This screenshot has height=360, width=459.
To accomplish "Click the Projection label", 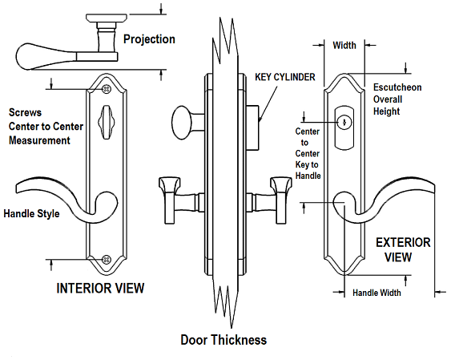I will (150, 39).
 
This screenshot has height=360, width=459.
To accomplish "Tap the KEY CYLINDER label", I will (284, 78).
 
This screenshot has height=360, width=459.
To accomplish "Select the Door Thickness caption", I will (223, 340).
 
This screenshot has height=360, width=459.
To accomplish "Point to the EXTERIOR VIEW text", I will (403, 249).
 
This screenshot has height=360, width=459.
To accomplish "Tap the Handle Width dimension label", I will (376, 293).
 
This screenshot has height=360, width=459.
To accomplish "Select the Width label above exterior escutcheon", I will (344, 46).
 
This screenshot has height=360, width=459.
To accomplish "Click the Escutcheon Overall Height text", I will (398, 99).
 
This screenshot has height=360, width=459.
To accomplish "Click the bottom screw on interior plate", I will (107, 259).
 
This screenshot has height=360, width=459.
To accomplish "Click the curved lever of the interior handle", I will (56, 192).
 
